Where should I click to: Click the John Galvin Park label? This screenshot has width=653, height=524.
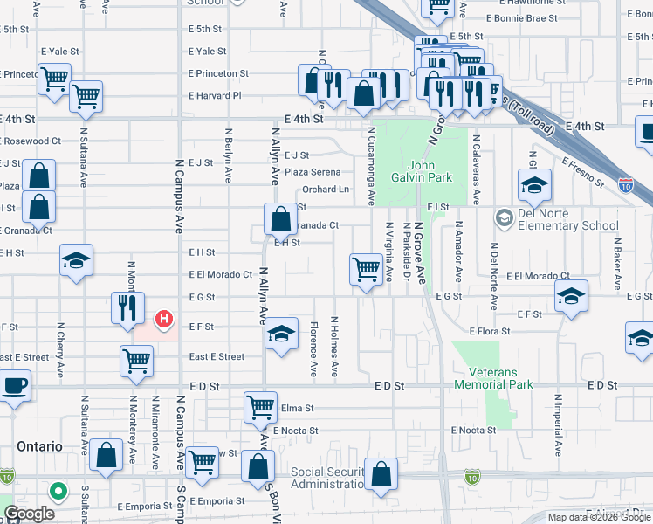[429, 171]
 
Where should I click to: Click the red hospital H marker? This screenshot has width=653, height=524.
[162, 321]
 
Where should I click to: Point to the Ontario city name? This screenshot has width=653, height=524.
[39, 446]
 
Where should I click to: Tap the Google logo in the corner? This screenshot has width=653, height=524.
[30, 514]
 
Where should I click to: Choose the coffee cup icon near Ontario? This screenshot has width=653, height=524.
[14, 385]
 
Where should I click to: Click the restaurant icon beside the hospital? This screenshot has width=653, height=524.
[127, 307]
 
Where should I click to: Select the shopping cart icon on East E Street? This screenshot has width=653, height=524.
[136, 360]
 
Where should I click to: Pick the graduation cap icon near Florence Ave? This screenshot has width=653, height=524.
[280, 334]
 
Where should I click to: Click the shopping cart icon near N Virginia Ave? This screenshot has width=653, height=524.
[365, 268]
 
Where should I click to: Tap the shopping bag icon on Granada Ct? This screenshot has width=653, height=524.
[281, 218]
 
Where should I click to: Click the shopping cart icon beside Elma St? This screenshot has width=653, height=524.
[261, 406]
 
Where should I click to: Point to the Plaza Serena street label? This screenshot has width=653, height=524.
[313, 172]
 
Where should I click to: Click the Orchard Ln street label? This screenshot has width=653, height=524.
[326, 190]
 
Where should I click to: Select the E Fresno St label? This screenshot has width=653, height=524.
[583, 173]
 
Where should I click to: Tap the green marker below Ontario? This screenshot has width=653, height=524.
[58, 492]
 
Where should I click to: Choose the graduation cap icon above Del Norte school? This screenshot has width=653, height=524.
[534, 184]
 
